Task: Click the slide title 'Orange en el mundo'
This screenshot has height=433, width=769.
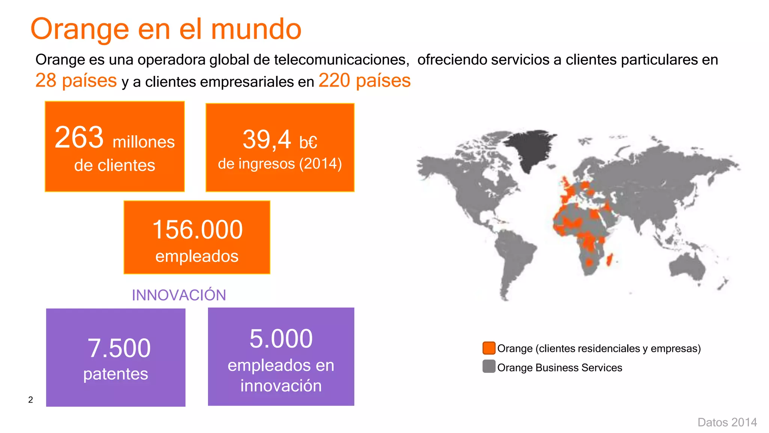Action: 166,29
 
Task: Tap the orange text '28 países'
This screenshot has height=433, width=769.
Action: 76,80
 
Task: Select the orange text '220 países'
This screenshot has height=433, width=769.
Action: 364,80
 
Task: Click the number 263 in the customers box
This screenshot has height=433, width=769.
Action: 79,138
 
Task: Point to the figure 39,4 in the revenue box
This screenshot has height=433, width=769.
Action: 267,139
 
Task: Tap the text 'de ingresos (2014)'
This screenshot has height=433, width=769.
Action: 280,164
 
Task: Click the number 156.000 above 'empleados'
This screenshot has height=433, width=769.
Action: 198,230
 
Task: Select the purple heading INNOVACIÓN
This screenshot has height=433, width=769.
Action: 179,295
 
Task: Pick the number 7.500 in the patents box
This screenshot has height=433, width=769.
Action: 119,348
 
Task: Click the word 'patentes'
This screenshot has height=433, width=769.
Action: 116,374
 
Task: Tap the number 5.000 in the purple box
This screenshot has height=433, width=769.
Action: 281,339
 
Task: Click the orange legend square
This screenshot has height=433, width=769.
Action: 489,348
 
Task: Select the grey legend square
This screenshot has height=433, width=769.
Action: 489,366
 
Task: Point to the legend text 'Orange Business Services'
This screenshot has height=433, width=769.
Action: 559,368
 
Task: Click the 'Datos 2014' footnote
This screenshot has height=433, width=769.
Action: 727,422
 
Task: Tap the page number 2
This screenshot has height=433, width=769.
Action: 31,400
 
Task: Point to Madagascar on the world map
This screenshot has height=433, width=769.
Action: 610,259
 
